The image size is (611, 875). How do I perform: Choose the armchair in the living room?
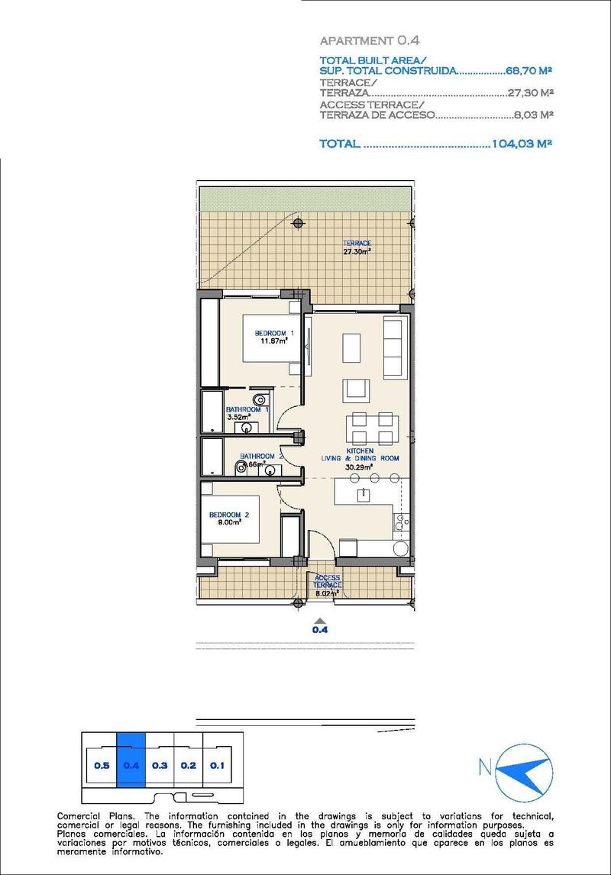356,390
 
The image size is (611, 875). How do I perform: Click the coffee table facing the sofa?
352,347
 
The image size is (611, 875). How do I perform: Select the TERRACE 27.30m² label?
357,247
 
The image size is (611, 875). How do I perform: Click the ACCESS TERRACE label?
327,582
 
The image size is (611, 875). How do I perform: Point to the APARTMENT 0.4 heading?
370,40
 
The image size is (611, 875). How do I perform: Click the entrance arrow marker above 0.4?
321,620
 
